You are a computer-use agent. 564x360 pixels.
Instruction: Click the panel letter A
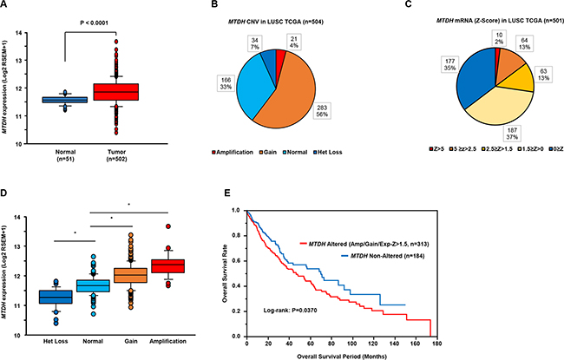(6, 8)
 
